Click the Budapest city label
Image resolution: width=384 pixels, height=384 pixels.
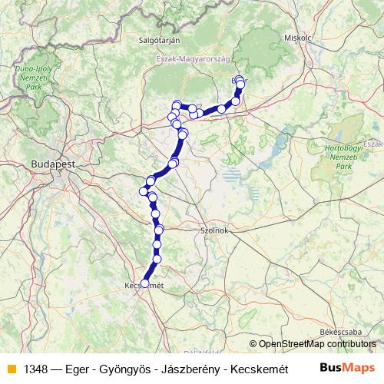(x=53, y=164)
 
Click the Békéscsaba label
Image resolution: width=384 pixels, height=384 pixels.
(x=339, y=330)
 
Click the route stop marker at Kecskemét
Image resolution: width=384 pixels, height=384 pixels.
(x=144, y=283)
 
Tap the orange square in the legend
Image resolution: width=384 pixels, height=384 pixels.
(x=11, y=368)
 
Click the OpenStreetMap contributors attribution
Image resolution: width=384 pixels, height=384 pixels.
(x=317, y=344)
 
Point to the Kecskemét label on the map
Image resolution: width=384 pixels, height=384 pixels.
(x=144, y=286)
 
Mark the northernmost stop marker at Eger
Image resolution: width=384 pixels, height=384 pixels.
(x=240, y=79)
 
